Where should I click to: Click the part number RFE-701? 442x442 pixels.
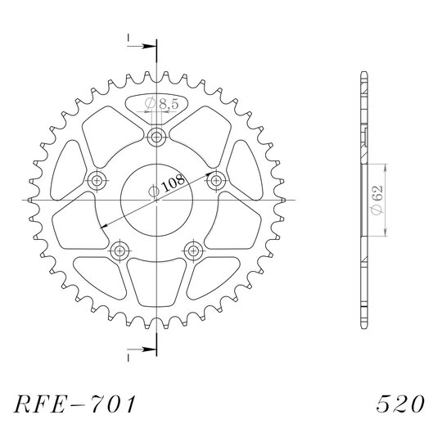(x=75, y=404)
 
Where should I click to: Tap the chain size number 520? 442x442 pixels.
(x=400, y=404)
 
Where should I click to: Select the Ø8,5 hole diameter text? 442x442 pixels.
(x=162, y=104)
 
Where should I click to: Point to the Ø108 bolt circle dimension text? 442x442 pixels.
(x=167, y=185)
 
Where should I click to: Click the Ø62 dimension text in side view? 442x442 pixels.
(x=377, y=200)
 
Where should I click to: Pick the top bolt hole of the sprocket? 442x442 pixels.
(x=156, y=138)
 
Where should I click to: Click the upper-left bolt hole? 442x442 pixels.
(x=97, y=180)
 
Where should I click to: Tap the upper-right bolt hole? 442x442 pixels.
(x=216, y=180)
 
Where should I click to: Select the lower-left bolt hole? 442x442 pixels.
(x=120, y=250)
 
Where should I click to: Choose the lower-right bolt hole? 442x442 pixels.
(x=193, y=250)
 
